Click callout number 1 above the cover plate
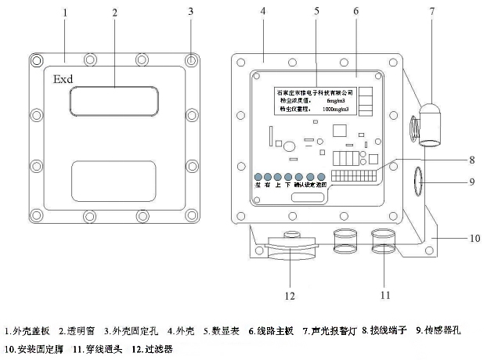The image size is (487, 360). click(66, 13)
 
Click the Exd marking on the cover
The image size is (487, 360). click(63, 80)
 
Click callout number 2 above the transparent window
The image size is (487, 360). click(115, 13)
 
